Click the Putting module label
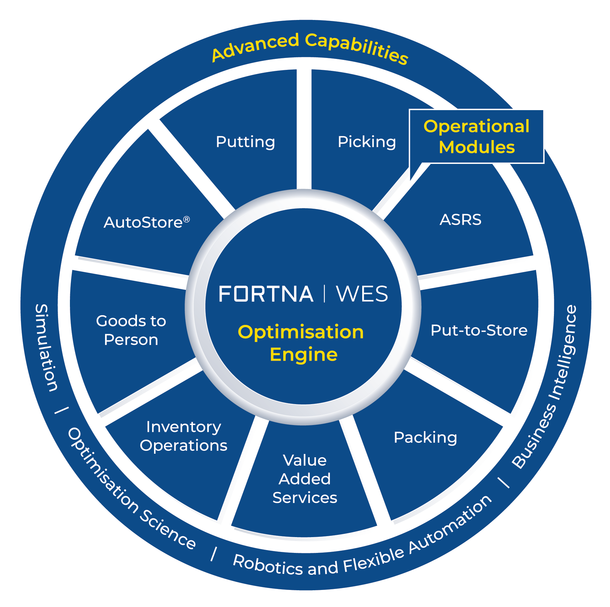[246, 142]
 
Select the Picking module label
[367, 142]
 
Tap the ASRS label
[460, 220]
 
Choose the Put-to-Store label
[479, 330]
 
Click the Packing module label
[425, 438]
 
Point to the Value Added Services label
[305, 479]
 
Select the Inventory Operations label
[184, 436]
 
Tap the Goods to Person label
[131, 330]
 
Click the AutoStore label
[143, 223]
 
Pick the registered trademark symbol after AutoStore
[187, 220]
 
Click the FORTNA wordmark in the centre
[266, 294]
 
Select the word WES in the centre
[362, 294]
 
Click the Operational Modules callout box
[476, 137]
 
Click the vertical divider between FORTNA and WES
[324, 294]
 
